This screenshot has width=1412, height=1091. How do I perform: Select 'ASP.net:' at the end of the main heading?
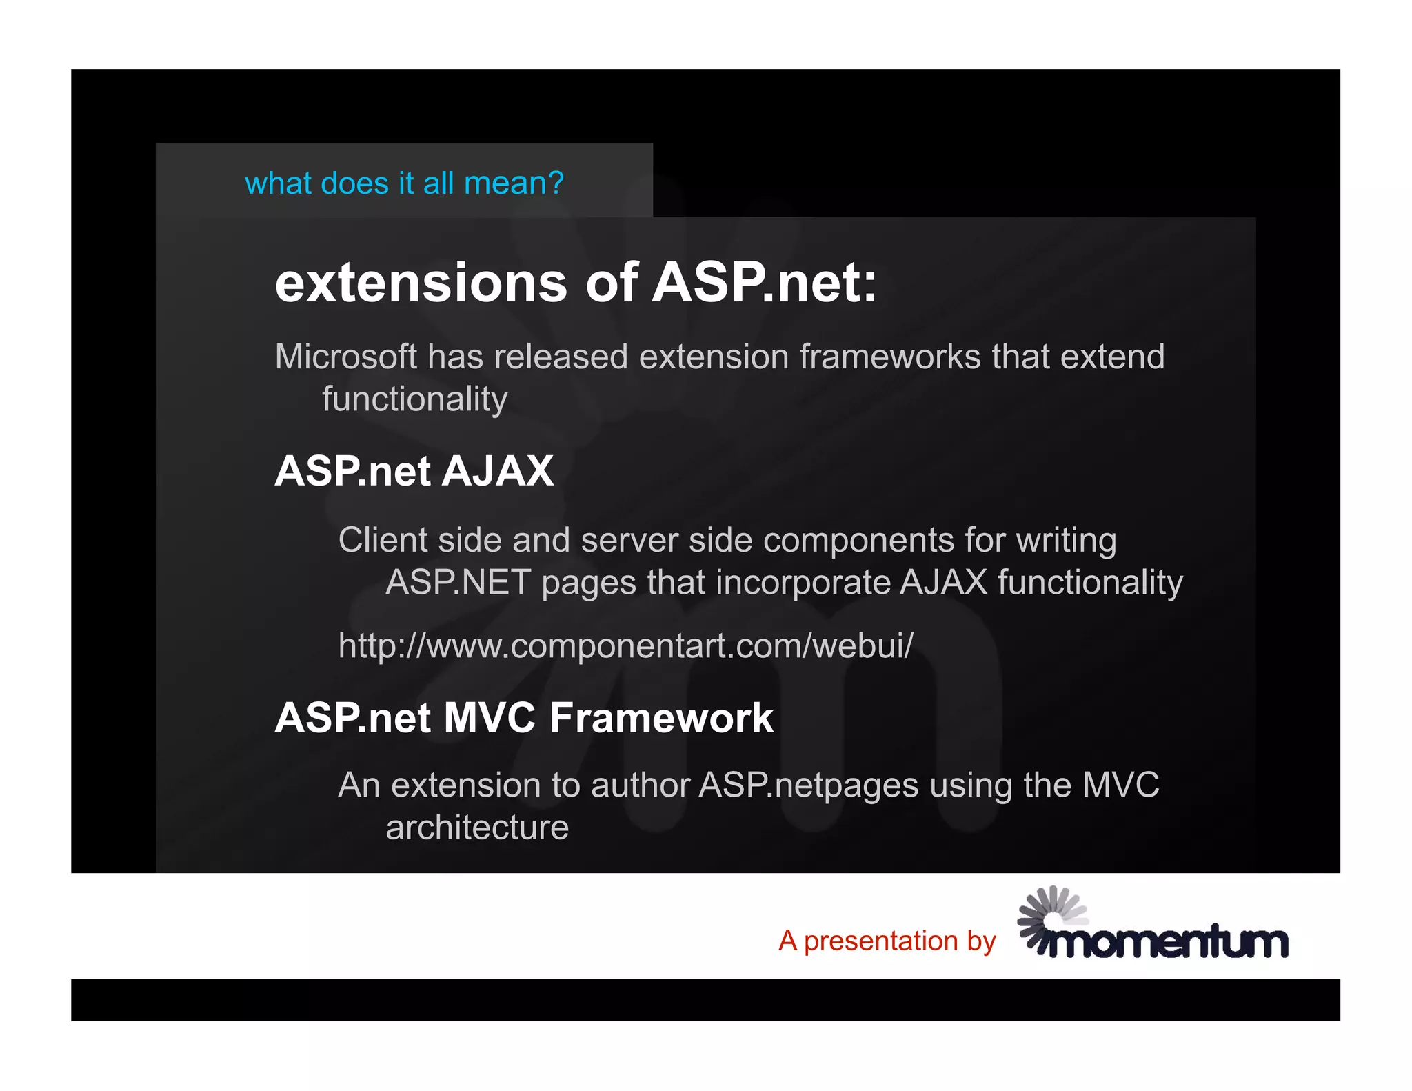click(x=764, y=283)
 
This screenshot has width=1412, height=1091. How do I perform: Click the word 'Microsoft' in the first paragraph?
click(x=345, y=357)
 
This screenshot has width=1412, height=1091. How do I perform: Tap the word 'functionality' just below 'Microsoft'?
click(x=414, y=399)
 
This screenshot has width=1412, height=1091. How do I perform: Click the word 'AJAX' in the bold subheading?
click(x=497, y=471)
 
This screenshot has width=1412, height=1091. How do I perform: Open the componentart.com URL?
click(x=625, y=646)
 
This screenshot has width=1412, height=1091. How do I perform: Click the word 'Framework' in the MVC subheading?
click(x=661, y=718)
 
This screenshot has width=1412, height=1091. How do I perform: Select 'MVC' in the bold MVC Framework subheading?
click(x=490, y=718)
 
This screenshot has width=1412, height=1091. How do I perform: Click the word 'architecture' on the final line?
click(x=477, y=828)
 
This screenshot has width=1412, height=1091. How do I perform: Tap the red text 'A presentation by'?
click(x=887, y=941)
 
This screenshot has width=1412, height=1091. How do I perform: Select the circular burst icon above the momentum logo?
click(x=1049, y=912)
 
